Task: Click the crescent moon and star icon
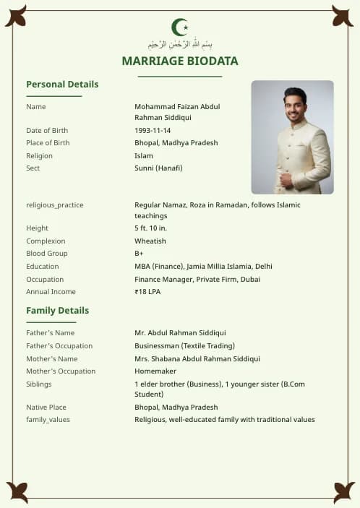coord(180,27)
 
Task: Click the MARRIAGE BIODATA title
coord(180,61)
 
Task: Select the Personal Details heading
coord(62,85)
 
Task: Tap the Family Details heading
coord(58,311)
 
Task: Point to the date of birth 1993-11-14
coord(153,131)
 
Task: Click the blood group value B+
coord(139,254)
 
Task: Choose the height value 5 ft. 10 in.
coord(151,228)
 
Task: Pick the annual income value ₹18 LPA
coord(147,292)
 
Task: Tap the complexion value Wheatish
coord(150,241)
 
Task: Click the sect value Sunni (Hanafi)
coord(158,168)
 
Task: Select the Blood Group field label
coord(47,254)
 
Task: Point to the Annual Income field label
coord(51,292)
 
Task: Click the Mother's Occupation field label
coord(61,371)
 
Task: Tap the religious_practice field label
coord(55,205)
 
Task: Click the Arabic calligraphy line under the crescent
coord(180,44)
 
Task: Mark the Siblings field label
coord(39,384)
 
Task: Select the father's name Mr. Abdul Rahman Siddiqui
coord(180,333)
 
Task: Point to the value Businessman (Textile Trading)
coord(184,346)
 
